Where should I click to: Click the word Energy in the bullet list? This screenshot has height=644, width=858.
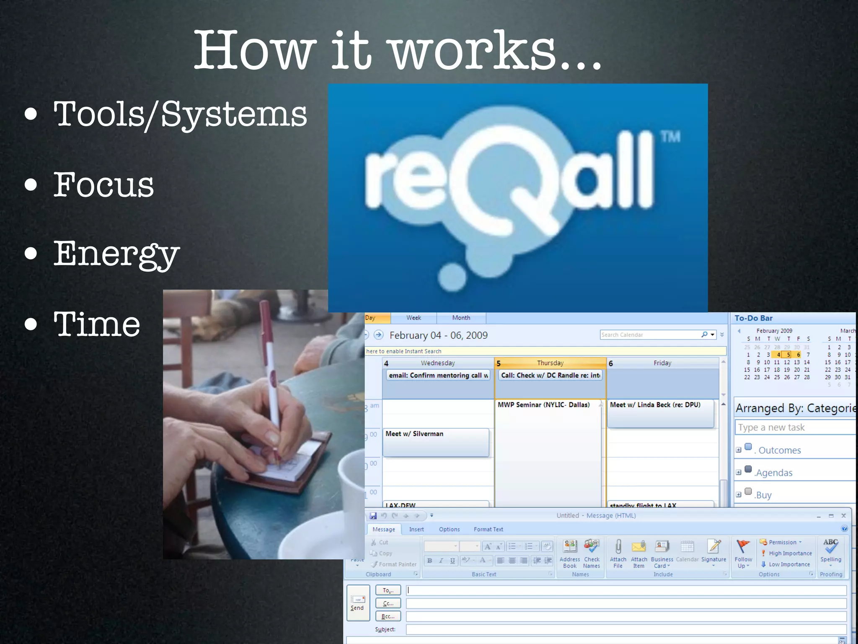(116, 254)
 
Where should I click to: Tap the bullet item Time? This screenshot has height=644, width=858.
(97, 324)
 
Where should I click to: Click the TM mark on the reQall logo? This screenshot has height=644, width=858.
(670, 137)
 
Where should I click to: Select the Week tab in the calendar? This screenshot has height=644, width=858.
(413, 318)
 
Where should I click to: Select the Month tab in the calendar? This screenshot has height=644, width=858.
(461, 318)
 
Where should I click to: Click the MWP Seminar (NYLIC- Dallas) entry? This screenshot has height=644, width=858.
(543, 405)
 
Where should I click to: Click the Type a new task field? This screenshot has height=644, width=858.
(794, 428)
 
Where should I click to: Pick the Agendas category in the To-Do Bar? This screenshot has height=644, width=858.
(774, 473)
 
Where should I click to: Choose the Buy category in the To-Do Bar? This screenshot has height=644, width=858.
(763, 495)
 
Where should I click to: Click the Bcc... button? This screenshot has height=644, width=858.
(388, 616)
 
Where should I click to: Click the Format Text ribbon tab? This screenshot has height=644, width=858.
(488, 530)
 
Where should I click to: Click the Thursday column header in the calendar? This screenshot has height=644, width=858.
(550, 363)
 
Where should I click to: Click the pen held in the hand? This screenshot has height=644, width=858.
(271, 377)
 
